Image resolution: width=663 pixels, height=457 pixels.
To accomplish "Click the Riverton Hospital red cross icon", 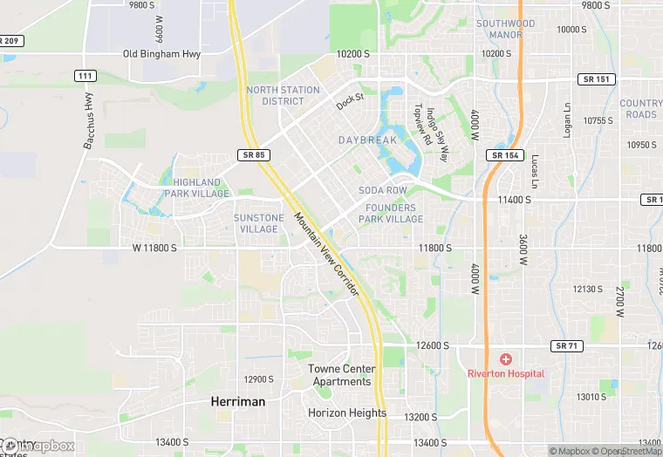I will [x=505, y=359].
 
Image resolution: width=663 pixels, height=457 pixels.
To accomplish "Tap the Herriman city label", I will [x=238, y=401].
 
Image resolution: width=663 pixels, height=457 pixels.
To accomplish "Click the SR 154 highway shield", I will [x=503, y=154].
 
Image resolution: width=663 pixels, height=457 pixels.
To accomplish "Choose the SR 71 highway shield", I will [x=567, y=346].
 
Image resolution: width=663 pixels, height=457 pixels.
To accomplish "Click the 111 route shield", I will [x=85, y=77].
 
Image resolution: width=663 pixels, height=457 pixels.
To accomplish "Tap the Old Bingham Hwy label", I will [x=162, y=54].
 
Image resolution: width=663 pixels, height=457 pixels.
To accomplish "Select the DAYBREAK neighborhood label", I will [x=367, y=140].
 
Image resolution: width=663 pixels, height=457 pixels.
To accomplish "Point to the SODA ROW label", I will [x=383, y=190].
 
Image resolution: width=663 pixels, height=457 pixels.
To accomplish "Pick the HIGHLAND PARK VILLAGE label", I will [x=196, y=188].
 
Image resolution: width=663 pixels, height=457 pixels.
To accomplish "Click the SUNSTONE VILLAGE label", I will [x=258, y=223].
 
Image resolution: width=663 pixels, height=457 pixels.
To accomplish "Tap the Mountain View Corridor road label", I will [x=326, y=255].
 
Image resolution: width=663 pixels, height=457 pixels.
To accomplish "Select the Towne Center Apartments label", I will [x=340, y=375].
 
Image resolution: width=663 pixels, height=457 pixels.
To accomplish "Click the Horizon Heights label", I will [x=347, y=413].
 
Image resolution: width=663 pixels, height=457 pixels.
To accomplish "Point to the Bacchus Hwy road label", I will [x=89, y=121].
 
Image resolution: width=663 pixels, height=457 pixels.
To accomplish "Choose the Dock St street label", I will [x=350, y=102].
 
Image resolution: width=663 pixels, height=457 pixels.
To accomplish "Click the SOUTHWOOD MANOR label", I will [x=506, y=29].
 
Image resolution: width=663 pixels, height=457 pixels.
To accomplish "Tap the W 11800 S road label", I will [x=154, y=249].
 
